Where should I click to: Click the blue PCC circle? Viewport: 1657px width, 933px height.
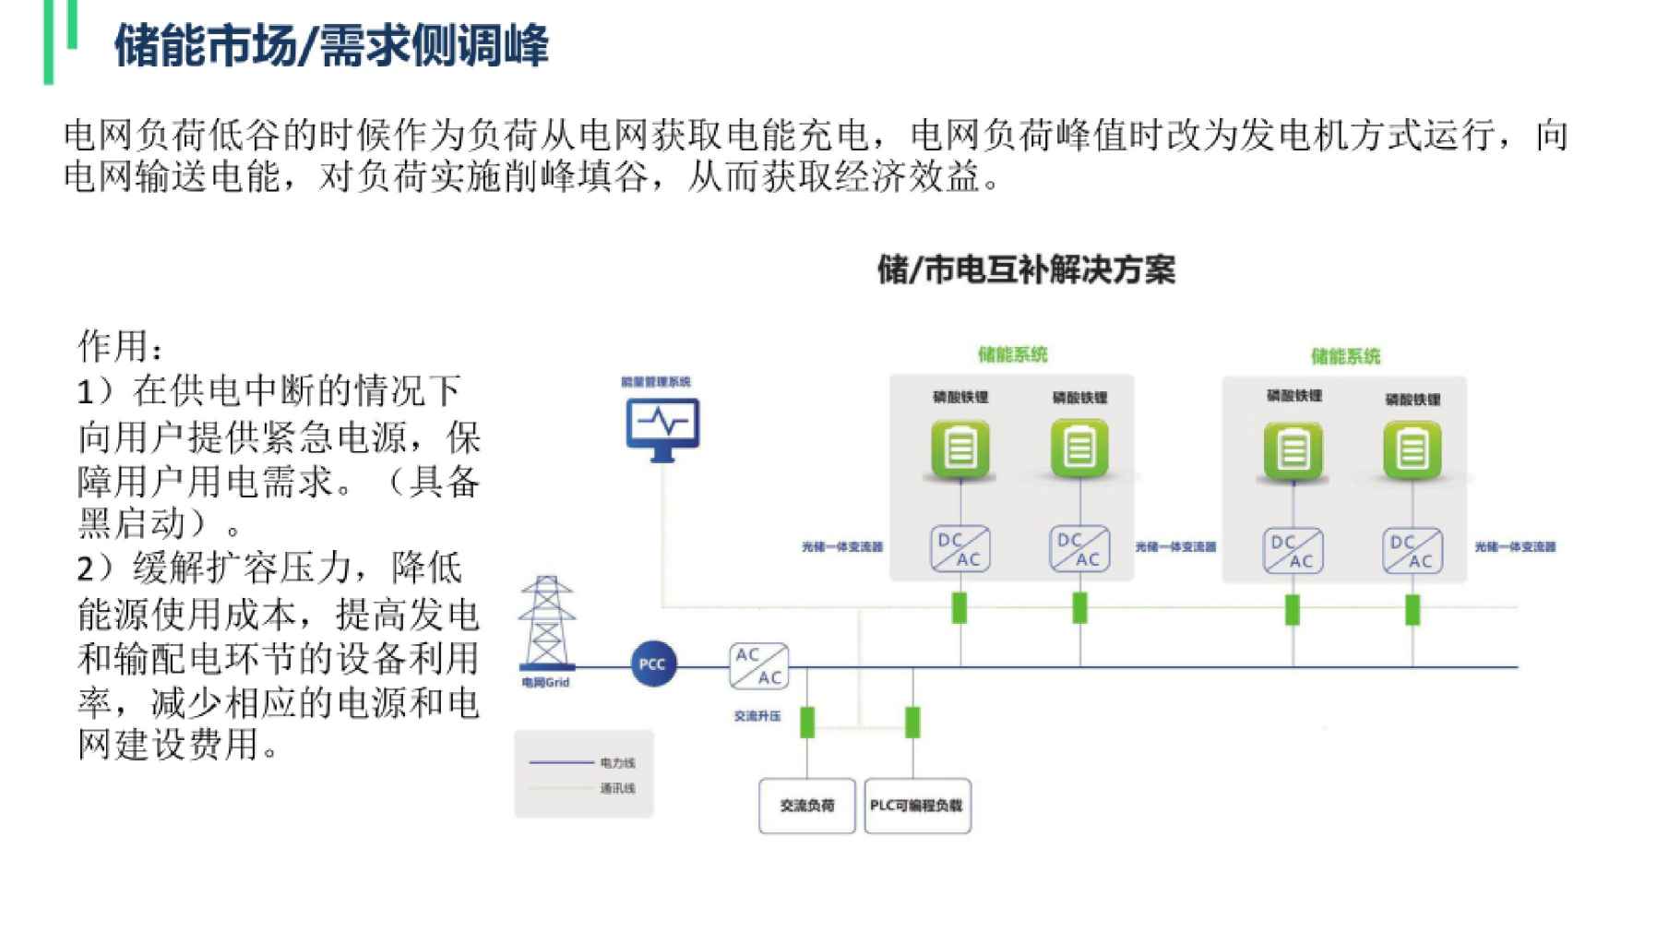pos(652,664)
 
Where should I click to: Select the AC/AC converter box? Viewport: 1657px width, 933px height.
pos(758,666)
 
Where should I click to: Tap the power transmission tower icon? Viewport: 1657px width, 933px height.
pos(546,622)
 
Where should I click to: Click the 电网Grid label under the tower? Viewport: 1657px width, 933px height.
pos(545,683)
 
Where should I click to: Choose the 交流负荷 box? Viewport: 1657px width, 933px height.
pos(807,806)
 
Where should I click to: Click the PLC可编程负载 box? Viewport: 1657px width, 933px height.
pos(917,806)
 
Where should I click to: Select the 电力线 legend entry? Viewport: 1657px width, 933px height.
pos(616,763)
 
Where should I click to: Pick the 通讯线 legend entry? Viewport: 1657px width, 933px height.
pos(616,788)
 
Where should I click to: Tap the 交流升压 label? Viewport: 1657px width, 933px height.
pos(757,716)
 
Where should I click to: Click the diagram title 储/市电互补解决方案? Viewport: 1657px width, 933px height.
pos(1026,270)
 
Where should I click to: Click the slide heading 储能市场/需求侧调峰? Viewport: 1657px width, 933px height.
pos(331,45)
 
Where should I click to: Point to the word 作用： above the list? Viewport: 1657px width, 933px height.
pos(121,347)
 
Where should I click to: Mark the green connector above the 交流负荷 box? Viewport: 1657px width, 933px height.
pos(807,722)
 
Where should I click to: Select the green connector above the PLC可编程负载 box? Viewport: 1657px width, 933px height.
pos(912,722)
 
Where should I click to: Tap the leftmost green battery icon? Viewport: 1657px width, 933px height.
pos(960,450)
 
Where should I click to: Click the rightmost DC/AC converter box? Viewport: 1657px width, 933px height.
pos(1413,551)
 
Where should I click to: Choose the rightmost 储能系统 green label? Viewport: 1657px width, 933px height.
pos(1345,356)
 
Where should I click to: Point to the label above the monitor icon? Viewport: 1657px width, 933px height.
pos(655,381)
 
